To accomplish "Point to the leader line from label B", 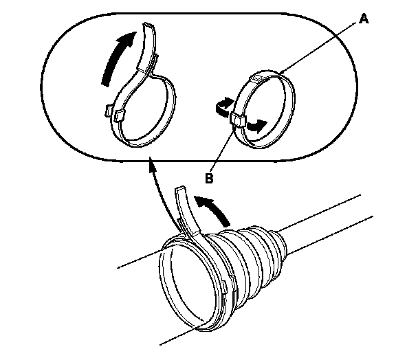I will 221,150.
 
